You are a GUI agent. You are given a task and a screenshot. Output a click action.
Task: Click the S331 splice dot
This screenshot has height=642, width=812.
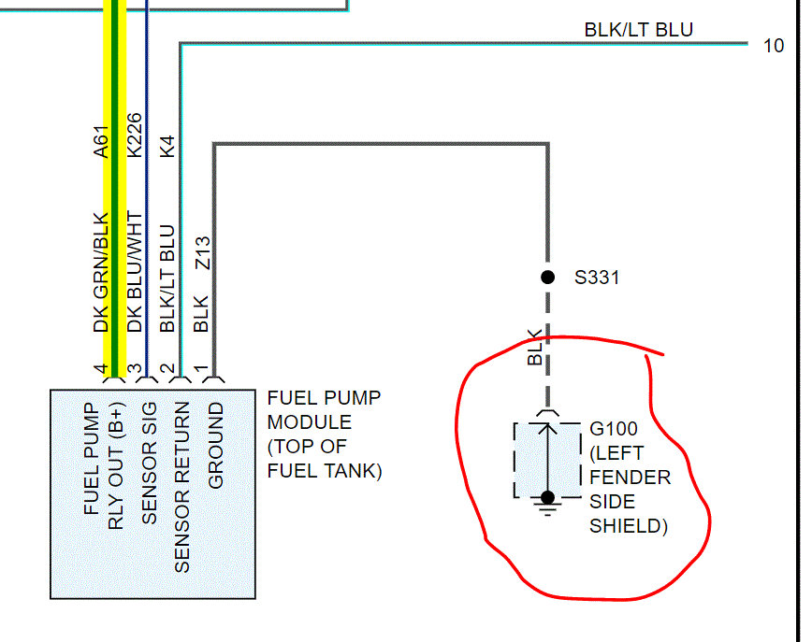coord(548,278)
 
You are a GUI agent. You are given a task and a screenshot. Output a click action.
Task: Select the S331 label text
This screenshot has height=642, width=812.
coord(596,278)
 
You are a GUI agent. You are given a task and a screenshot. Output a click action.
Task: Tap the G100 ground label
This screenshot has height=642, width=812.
coord(613,429)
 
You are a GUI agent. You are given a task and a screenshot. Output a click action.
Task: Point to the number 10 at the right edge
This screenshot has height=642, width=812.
coord(774,45)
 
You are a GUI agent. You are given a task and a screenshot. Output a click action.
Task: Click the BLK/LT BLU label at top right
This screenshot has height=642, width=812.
coord(638,30)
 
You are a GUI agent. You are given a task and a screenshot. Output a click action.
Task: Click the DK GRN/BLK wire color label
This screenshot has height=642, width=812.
coord(102,272)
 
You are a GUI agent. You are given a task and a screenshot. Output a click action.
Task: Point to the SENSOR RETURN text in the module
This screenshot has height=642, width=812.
coord(182,487)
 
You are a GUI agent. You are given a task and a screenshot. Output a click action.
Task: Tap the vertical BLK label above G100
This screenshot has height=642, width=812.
coord(535,347)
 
